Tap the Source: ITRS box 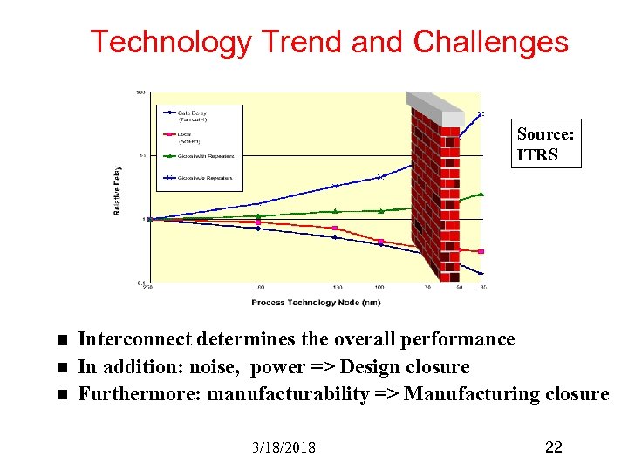pyautogui.click(x=546, y=145)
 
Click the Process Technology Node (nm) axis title pyautogui.click(x=315, y=303)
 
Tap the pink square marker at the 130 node pyautogui.click(x=335, y=229)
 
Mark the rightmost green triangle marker pyautogui.click(x=481, y=195)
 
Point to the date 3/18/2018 pyautogui.click(x=283, y=447)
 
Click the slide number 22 pyautogui.click(x=553, y=447)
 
